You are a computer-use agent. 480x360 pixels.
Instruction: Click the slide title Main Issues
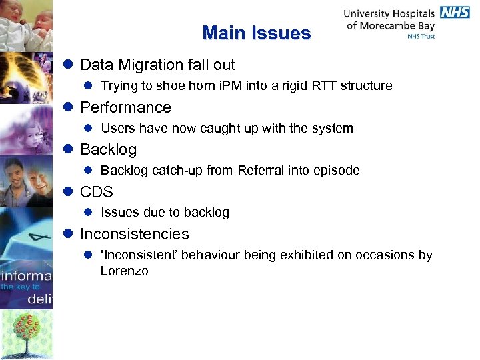pyautogui.click(x=257, y=33)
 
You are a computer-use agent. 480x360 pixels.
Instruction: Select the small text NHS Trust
pyautogui.click(x=421, y=37)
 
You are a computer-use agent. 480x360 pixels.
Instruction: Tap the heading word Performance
pyautogui.click(x=125, y=107)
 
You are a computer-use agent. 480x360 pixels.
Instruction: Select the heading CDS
pyautogui.click(x=97, y=192)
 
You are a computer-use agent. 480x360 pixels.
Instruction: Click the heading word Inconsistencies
pyautogui.click(x=134, y=234)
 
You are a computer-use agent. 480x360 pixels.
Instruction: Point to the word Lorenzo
pyautogui.click(x=124, y=271)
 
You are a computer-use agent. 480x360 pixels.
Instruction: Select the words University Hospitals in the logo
pyautogui.click(x=389, y=13)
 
